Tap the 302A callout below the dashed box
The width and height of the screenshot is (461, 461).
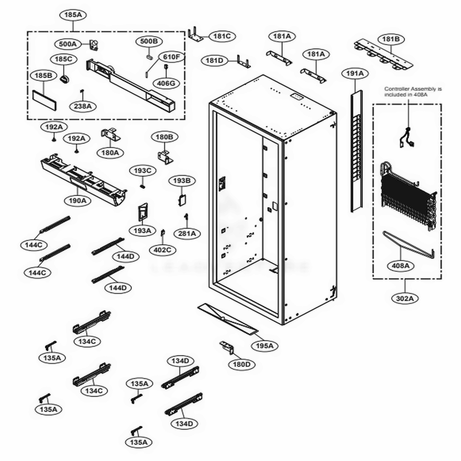tap(407, 298)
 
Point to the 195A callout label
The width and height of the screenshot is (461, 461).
tap(265, 345)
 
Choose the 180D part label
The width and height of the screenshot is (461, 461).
tap(242, 364)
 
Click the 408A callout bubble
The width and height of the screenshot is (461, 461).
tap(400, 266)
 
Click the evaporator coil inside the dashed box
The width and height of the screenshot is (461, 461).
tap(407, 196)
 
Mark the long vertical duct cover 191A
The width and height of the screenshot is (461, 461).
tap(356, 152)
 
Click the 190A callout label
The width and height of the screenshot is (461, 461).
tap(77, 201)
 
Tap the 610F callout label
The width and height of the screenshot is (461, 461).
tap(172, 57)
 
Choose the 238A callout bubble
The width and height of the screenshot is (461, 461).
tap(83, 106)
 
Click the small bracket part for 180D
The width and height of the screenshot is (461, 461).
tap(226, 347)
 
